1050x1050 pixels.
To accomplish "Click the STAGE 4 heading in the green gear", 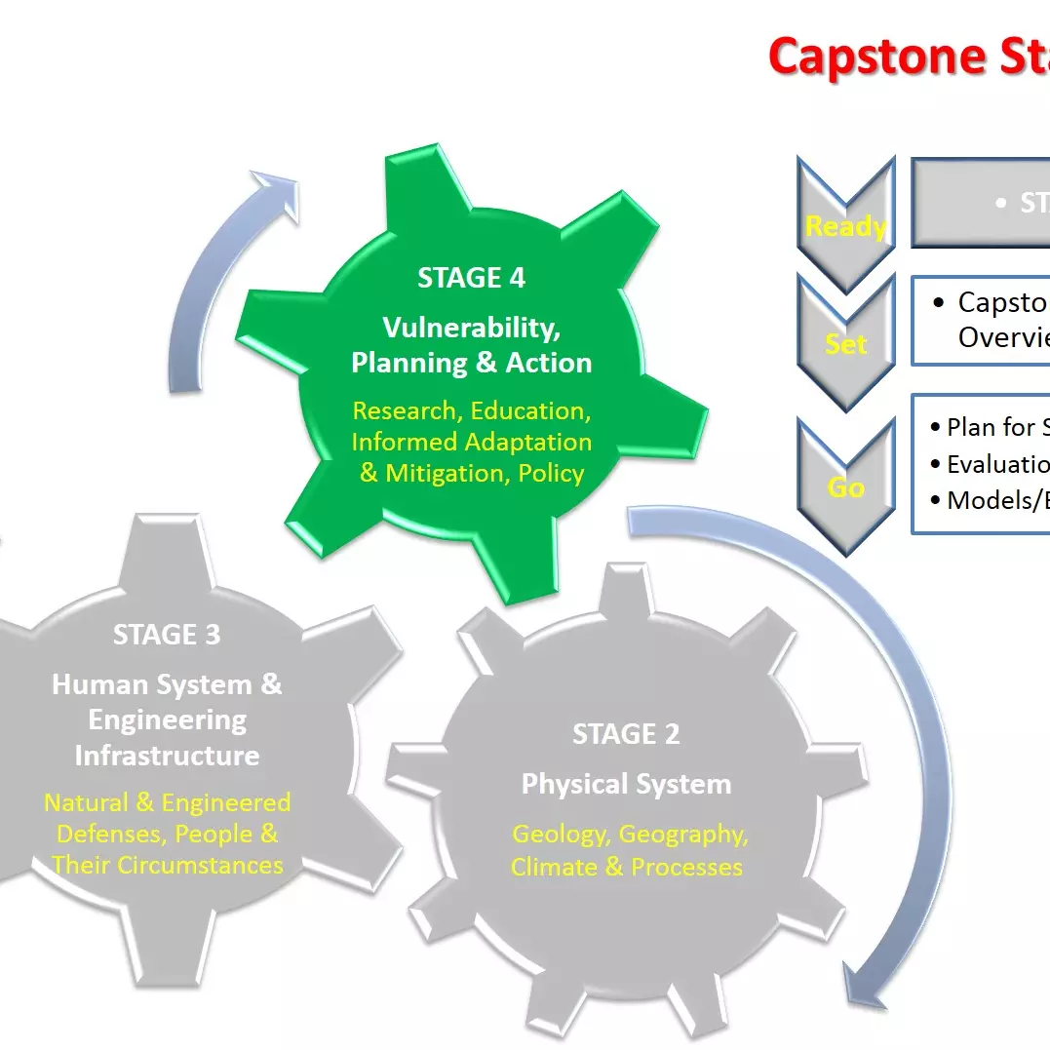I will click(471, 278).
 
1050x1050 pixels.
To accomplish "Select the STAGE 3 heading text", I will click(167, 635).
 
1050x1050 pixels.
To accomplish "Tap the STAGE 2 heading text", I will click(626, 734).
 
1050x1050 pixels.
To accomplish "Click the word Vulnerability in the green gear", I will click(471, 326).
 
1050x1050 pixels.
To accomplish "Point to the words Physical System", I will click(626, 784).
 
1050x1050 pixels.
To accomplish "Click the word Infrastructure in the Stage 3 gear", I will click(167, 756).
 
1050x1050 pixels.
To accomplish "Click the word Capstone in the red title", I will click(863, 56).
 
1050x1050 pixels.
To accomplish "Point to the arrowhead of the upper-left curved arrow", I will click(277, 185).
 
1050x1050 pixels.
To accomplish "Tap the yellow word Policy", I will click(551, 474).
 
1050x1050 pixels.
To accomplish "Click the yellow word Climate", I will click(553, 867).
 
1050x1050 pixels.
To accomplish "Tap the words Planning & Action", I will click(471, 363).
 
